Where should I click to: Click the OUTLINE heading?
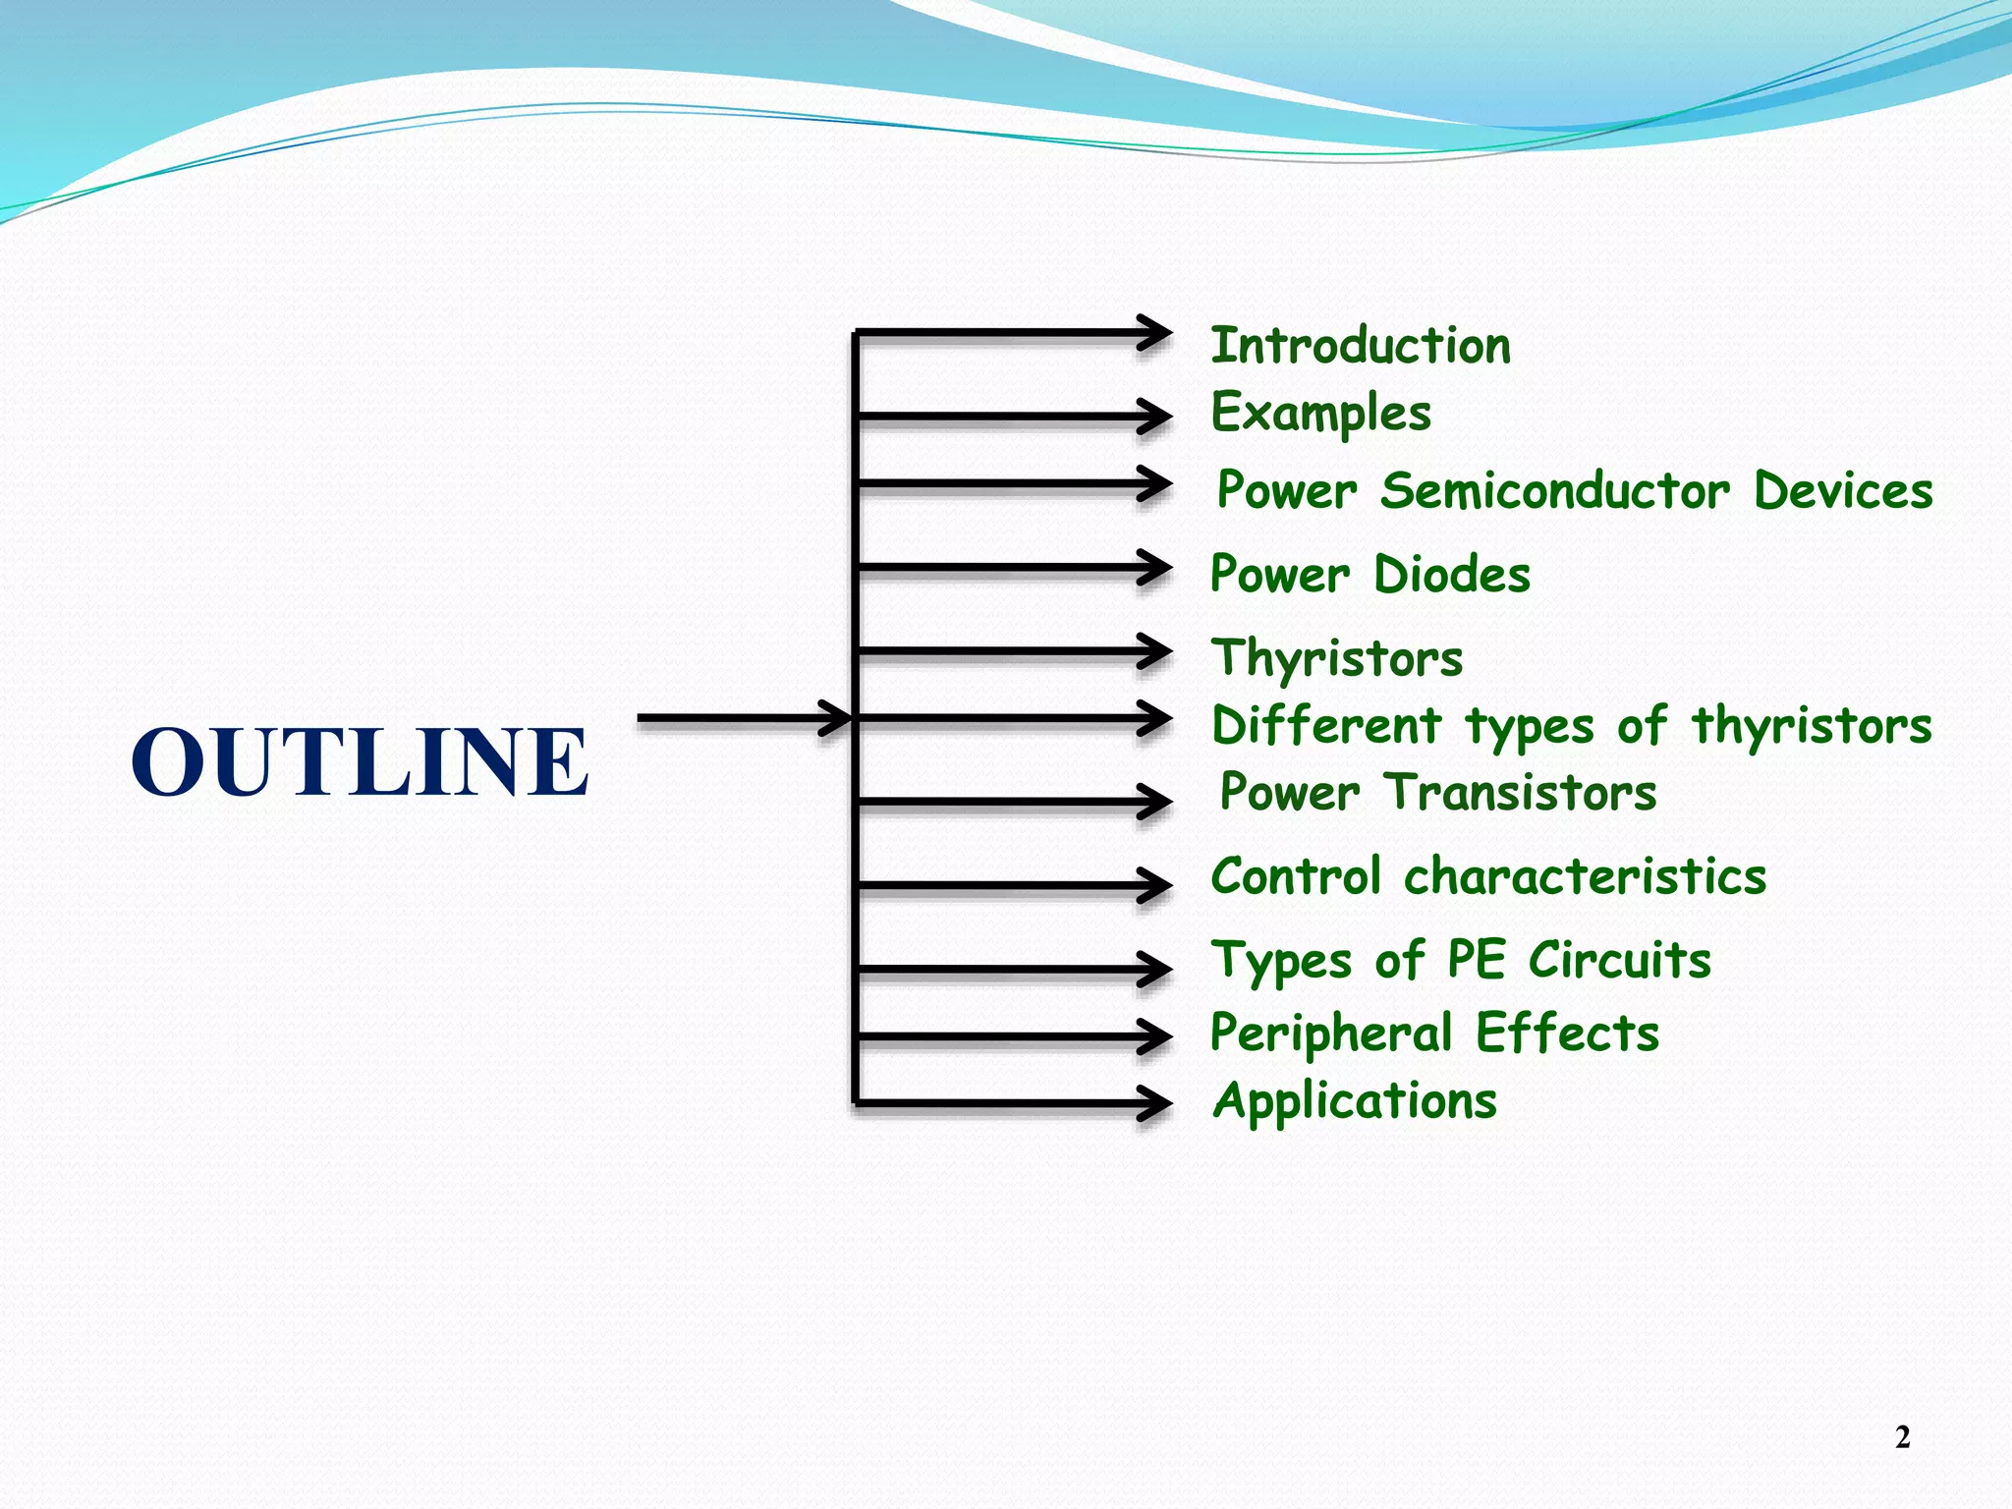[x=360, y=762]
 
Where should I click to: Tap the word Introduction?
[x=1361, y=346]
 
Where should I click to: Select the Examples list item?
[x=1320, y=413]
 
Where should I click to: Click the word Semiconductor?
[x=1554, y=490]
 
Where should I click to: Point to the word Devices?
[x=1843, y=490]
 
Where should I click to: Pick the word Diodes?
[x=1452, y=575]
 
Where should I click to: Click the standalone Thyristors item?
[x=1336, y=658]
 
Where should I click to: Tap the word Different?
[x=1326, y=726]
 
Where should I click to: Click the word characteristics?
[x=1585, y=876]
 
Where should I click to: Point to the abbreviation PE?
[x=1477, y=960]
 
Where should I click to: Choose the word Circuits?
[x=1620, y=960]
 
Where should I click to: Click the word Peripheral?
[x=1330, y=1034]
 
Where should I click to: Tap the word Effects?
[x=1567, y=1034]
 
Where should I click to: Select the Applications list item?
[x=1355, y=1101]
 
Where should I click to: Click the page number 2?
[x=1902, y=1437]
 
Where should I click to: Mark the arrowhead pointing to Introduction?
[x=1155, y=332]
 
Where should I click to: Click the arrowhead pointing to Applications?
[x=1155, y=1102]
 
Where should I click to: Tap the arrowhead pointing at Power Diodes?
[x=1155, y=567]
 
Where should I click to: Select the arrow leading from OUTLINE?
[x=743, y=718]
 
